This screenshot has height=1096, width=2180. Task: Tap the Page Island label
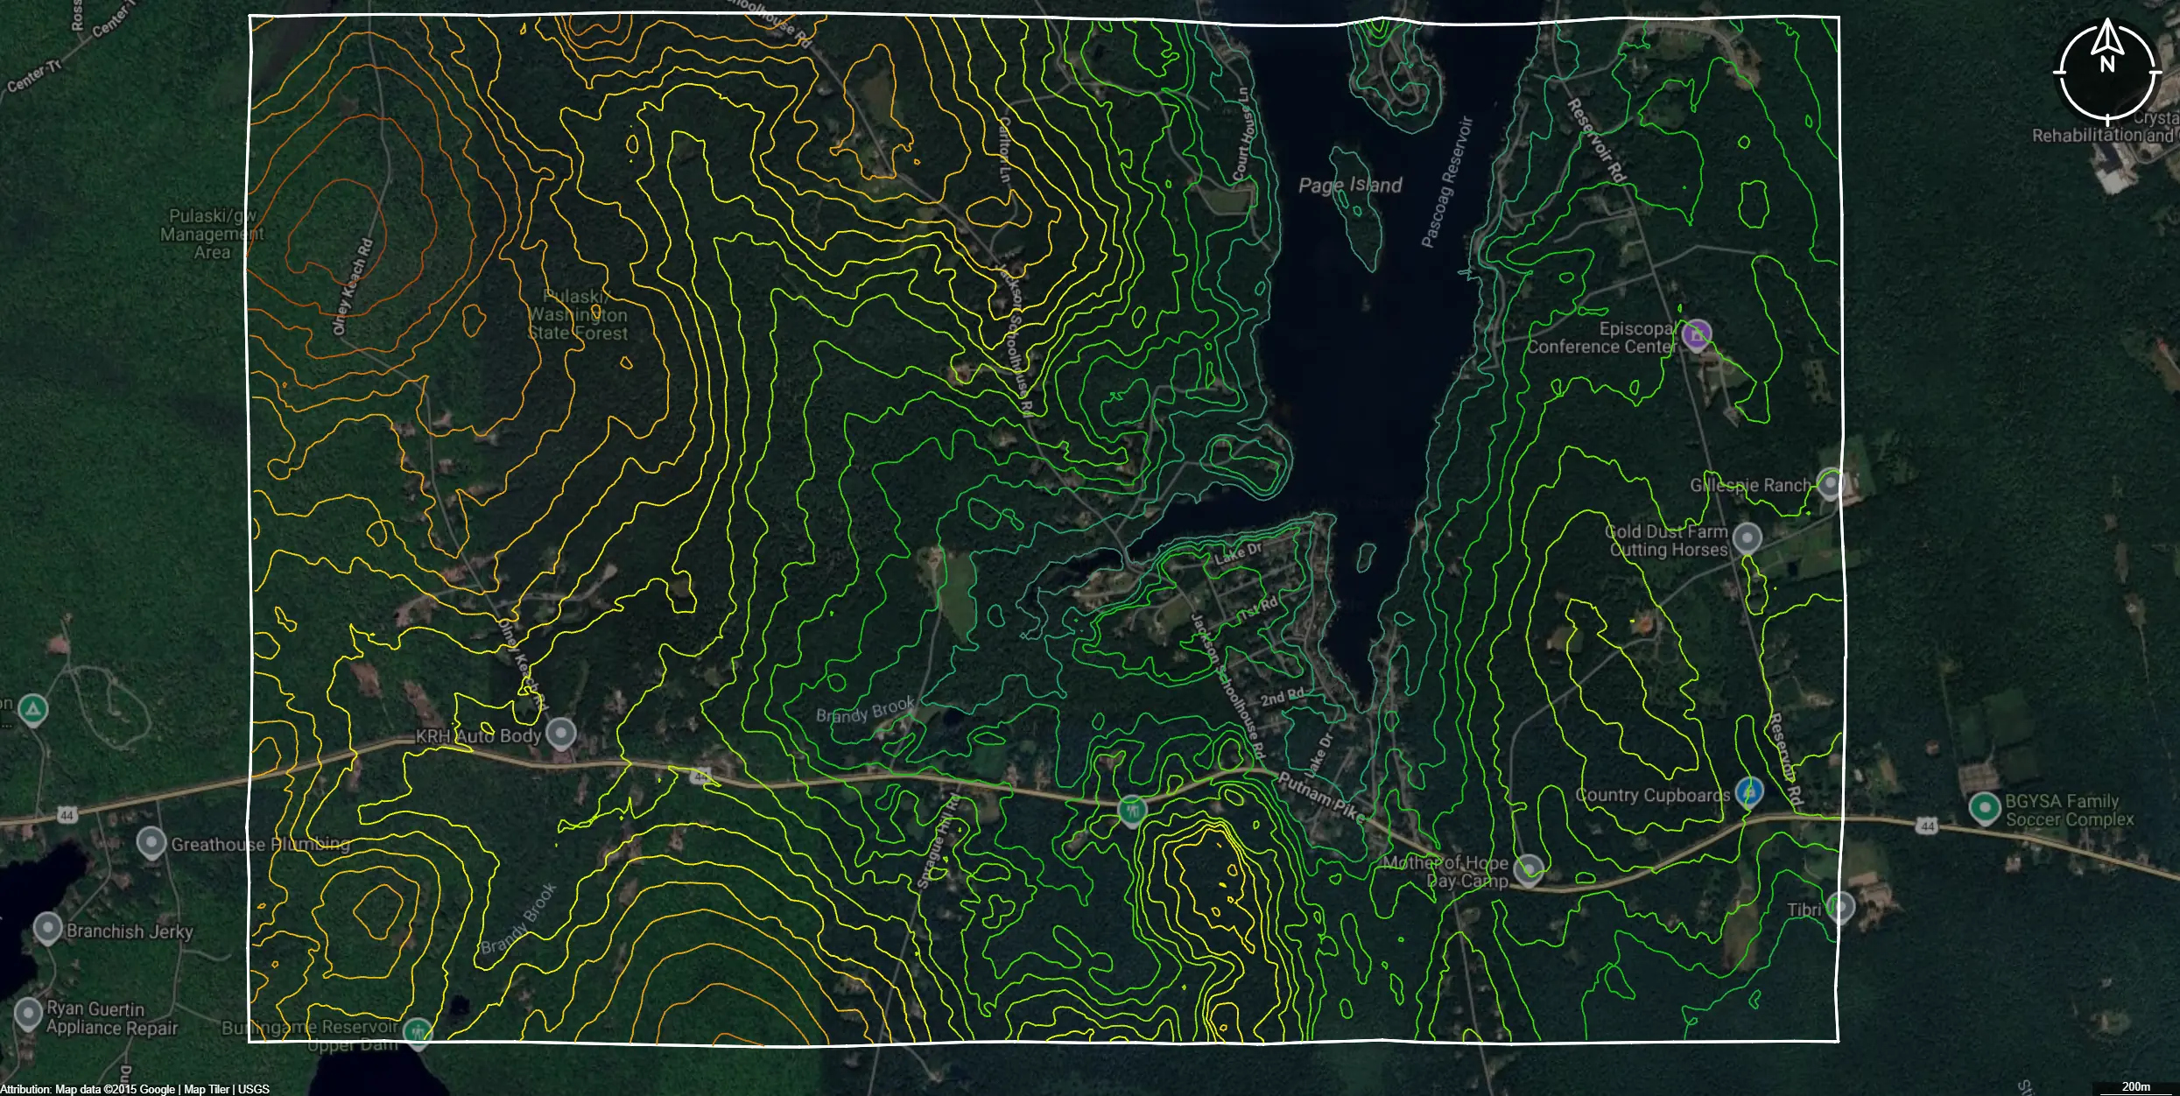[x=1349, y=185]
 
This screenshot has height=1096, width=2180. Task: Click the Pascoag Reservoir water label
[x=1445, y=182]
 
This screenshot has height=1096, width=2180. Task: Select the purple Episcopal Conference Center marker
[x=1697, y=334]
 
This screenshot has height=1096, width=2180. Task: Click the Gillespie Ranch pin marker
[x=1830, y=482]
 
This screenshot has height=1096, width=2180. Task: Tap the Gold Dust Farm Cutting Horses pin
[x=1748, y=537]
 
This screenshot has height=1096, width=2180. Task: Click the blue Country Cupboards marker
[x=1749, y=791]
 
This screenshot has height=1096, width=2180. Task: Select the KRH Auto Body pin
[x=561, y=734]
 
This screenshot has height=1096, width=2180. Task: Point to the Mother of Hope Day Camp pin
[x=1529, y=868]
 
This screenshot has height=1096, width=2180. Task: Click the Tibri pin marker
[x=1839, y=907]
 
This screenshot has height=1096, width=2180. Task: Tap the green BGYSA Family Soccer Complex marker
[x=1982, y=807]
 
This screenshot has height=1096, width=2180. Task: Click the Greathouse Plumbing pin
[x=151, y=843]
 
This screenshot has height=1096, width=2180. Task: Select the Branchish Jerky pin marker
[x=47, y=928]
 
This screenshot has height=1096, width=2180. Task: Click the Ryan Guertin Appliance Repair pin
[x=28, y=1014]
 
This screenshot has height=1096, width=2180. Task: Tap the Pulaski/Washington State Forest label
[x=578, y=315]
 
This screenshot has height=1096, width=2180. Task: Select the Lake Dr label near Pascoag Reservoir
[x=1238, y=553]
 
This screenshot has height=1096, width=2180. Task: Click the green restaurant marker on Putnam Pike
[x=1132, y=810]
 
